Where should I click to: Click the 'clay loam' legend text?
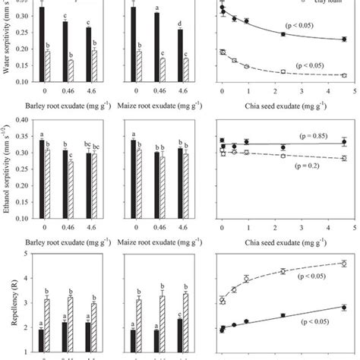[320, 3]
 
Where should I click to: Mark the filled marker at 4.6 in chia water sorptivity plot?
[344, 40]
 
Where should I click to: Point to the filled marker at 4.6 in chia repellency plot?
[344, 308]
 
